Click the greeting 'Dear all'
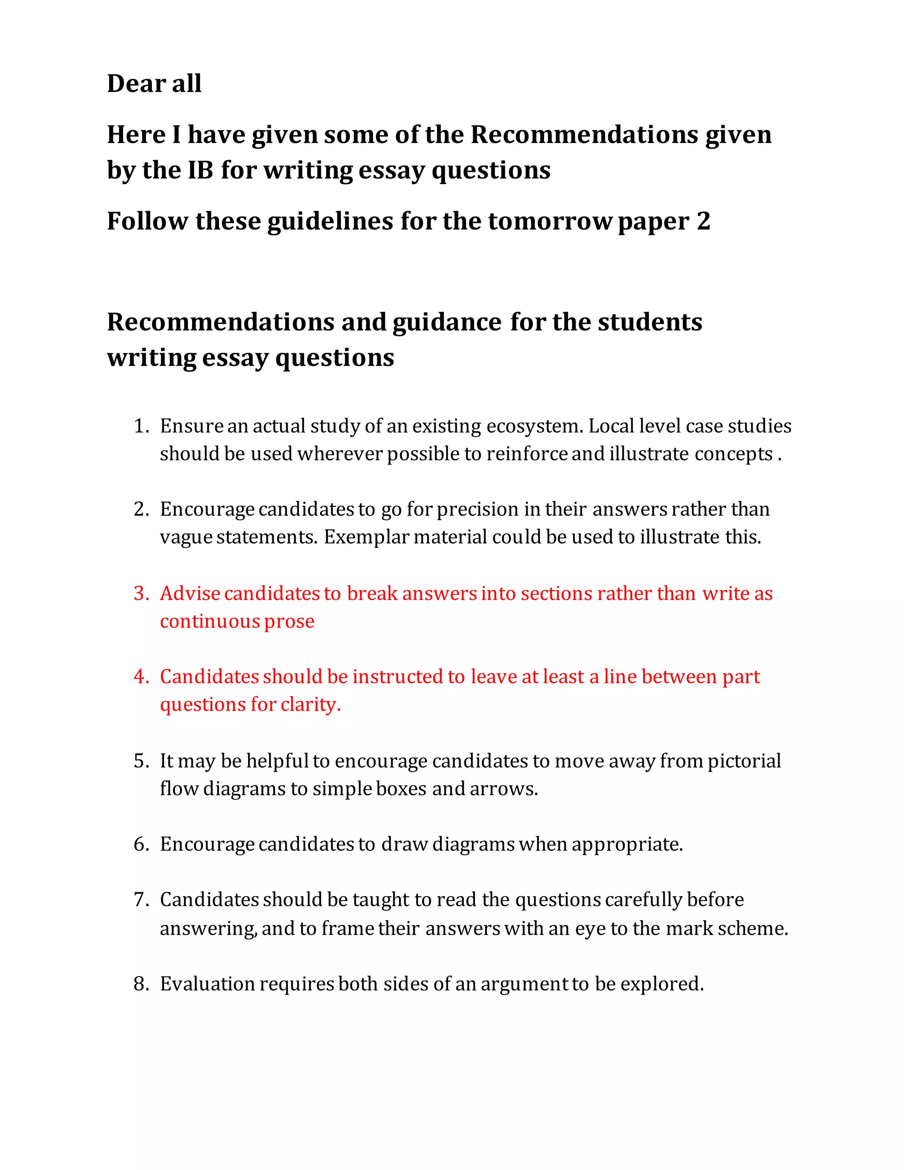[x=154, y=83]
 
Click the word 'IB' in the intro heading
[x=201, y=170]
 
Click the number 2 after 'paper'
[x=703, y=221]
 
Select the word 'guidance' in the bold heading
[x=447, y=322]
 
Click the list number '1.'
[x=141, y=426]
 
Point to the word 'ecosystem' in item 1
[x=533, y=426]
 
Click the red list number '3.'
[x=141, y=593]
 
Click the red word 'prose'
[x=289, y=622]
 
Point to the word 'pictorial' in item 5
[x=744, y=761]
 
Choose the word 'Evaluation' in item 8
[x=207, y=984]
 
